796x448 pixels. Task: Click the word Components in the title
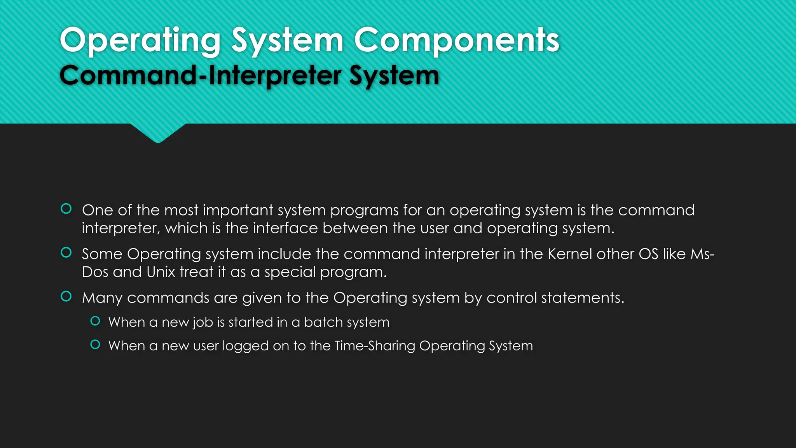[456, 40]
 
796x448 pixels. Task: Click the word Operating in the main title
[140, 40]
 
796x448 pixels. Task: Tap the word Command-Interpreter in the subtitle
[201, 75]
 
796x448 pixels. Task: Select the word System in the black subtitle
[394, 75]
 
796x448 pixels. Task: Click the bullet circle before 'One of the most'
[66, 209]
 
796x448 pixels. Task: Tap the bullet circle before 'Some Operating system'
[66, 253]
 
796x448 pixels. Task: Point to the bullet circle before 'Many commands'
[66, 297]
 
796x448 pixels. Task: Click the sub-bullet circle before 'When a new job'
[95, 321]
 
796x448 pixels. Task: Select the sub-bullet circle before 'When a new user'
[95, 345]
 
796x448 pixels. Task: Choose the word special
[290, 272]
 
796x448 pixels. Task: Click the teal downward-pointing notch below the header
[158, 133]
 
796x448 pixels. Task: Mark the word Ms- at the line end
[702, 254]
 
